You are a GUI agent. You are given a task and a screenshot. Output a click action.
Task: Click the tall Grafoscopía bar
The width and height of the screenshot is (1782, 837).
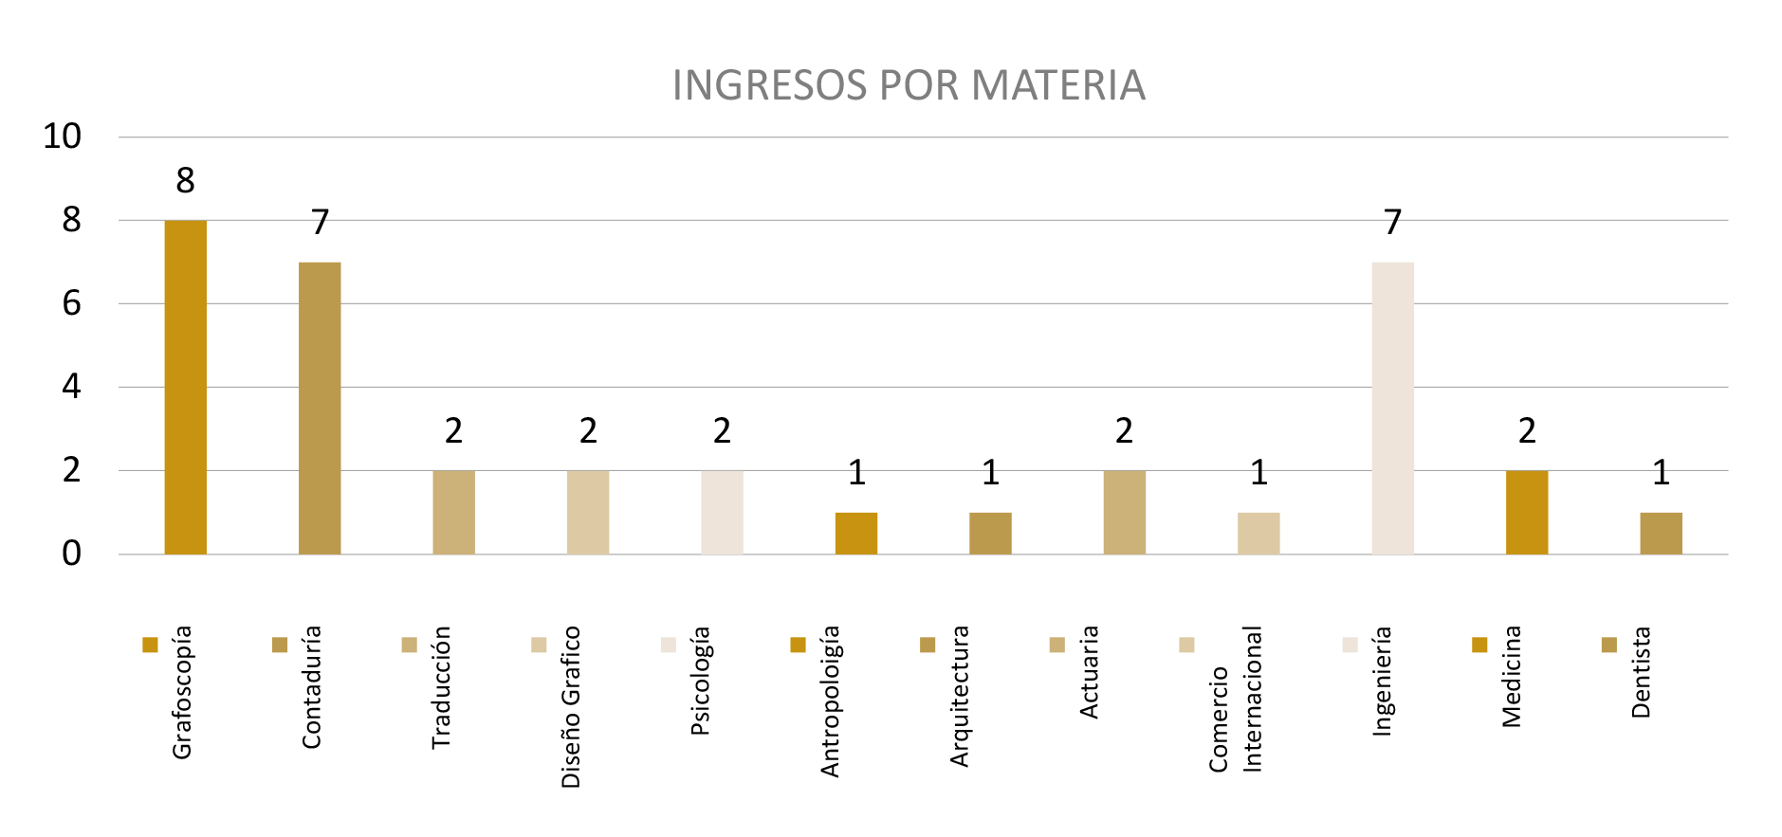tap(185, 387)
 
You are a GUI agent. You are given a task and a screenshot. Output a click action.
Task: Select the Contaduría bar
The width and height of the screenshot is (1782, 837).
tap(320, 408)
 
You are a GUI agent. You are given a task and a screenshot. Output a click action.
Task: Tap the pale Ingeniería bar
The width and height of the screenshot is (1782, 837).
tap(1392, 408)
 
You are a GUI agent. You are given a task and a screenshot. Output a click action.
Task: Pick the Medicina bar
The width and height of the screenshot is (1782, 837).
tap(1527, 512)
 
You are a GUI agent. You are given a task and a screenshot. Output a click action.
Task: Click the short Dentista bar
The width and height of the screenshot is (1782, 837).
tap(1661, 533)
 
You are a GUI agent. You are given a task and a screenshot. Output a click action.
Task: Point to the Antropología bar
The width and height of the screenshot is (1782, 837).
tap(855, 533)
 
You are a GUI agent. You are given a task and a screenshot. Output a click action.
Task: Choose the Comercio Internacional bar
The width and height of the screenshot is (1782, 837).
tap(1258, 533)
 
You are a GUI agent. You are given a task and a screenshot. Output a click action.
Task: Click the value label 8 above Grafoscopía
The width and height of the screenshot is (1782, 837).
tap(185, 180)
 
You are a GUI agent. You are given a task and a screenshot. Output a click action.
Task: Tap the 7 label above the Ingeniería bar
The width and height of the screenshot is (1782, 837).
tap(1392, 222)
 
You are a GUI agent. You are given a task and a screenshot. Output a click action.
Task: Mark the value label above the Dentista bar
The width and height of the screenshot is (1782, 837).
tap(1661, 472)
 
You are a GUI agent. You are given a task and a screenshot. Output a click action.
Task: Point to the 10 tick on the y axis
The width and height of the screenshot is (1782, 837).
tap(63, 136)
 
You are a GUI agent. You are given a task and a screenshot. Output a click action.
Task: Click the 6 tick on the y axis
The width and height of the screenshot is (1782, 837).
tap(71, 303)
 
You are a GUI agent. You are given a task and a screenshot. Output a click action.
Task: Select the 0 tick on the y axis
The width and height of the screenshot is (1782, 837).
tap(71, 554)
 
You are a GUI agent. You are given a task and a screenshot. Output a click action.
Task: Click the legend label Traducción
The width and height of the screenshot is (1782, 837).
tap(441, 687)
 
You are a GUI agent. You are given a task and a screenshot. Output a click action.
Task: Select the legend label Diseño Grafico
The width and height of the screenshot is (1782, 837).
tap(570, 707)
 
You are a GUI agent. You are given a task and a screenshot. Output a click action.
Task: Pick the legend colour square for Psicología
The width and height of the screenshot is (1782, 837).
tap(669, 646)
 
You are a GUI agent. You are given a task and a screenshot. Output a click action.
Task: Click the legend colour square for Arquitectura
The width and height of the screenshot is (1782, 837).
tap(928, 646)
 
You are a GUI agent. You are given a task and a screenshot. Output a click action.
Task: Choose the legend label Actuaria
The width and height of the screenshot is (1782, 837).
tap(1089, 672)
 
